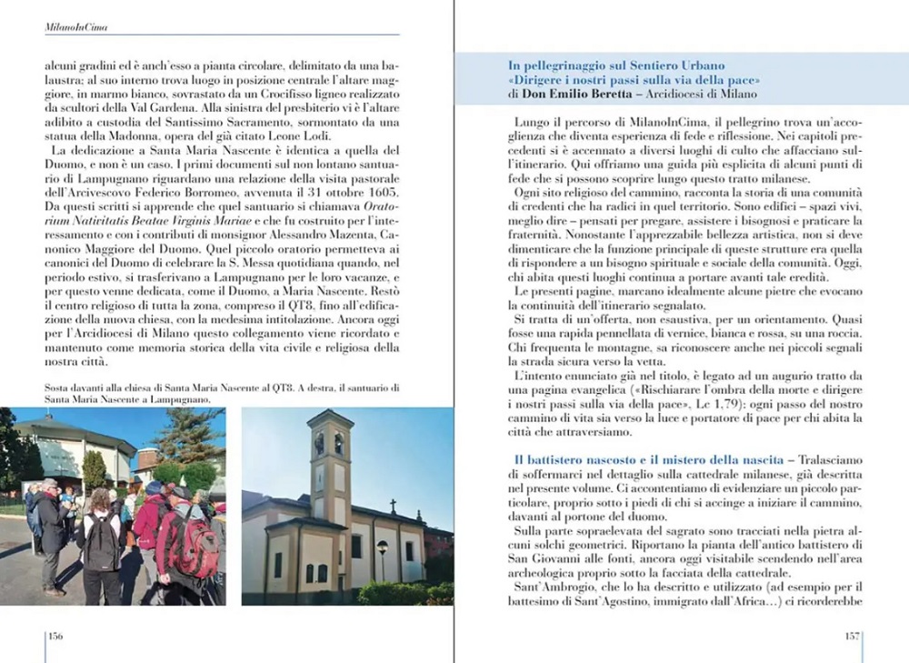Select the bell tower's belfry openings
[x=329, y=443]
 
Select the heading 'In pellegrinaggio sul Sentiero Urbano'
[x=616, y=65]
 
